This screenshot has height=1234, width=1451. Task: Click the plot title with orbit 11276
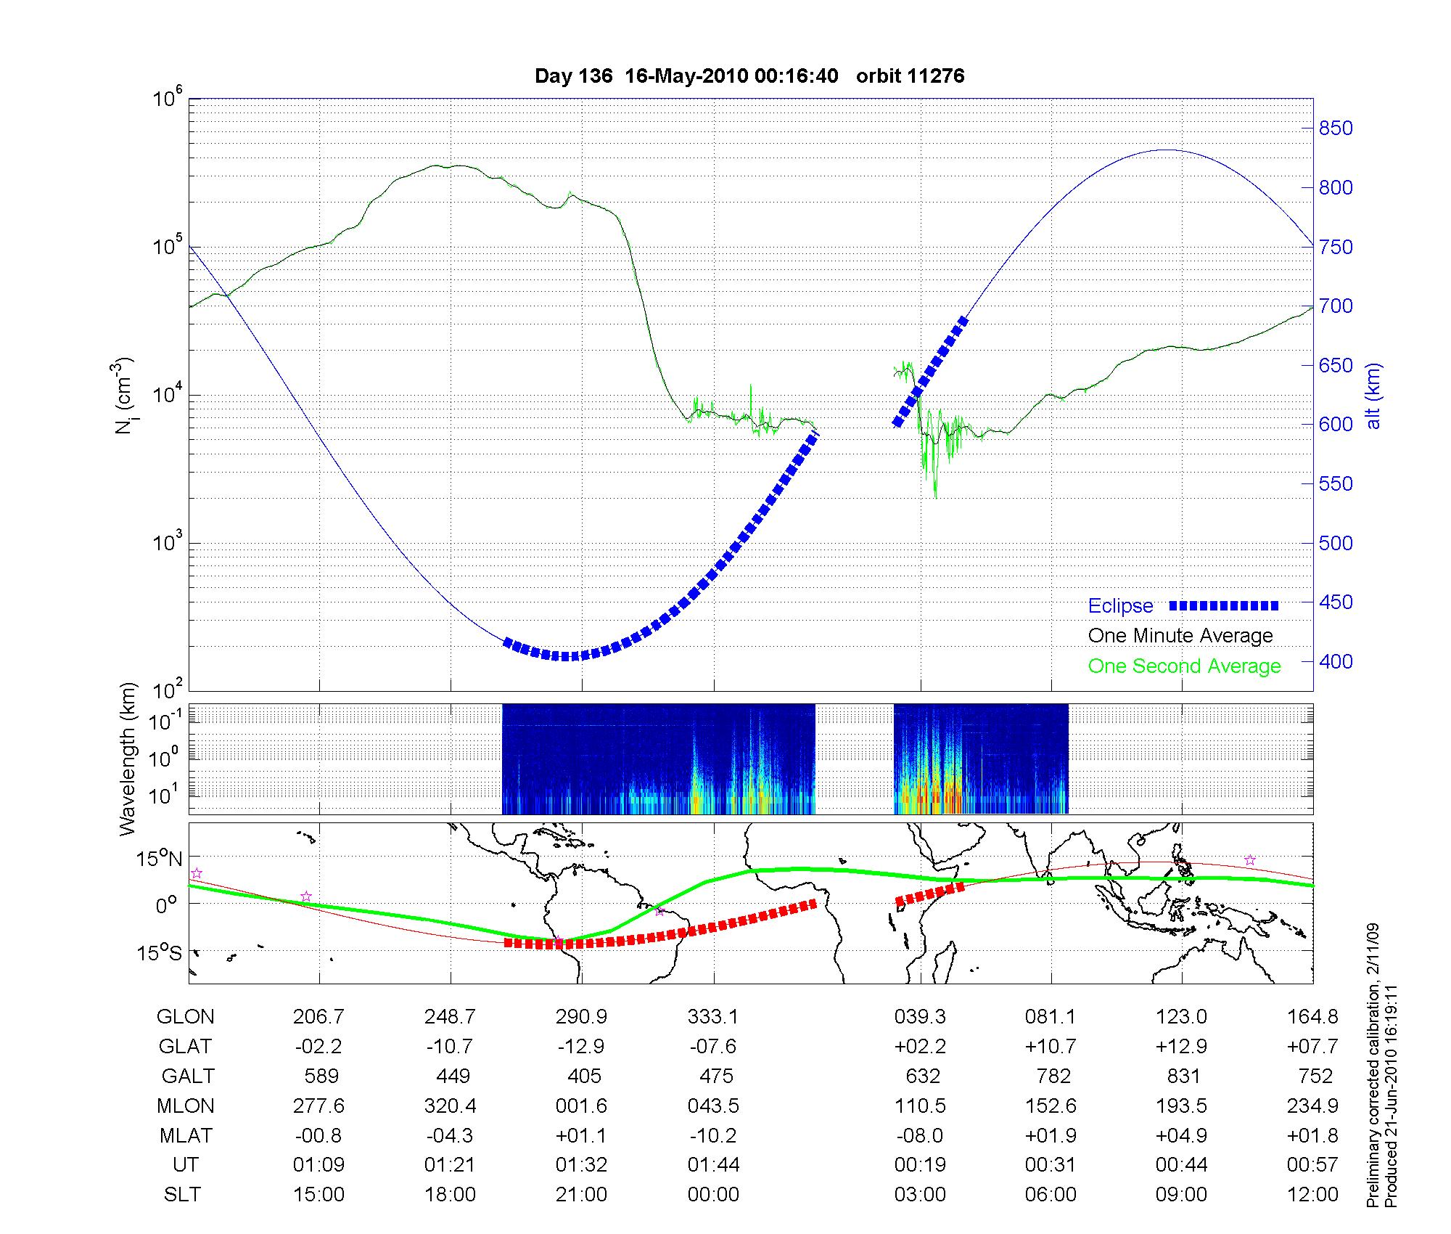(749, 76)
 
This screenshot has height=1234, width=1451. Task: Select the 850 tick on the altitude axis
(1336, 128)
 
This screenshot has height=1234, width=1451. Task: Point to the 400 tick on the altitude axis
(1336, 661)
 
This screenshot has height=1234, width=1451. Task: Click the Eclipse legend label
(1120, 606)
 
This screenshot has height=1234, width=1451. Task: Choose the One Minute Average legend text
(1180, 636)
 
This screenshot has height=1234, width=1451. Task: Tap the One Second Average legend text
(1184, 666)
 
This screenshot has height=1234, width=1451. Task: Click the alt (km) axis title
(1373, 396)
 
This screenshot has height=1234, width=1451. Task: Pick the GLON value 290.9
(581, 1016)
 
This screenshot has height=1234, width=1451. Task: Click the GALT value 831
(1182, 1076)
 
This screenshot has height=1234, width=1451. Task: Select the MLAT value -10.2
(713, 1135)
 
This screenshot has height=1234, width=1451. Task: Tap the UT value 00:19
(920, 1165)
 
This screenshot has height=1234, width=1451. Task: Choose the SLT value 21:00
(581, 1194)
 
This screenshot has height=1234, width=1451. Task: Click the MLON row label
(185, 1106)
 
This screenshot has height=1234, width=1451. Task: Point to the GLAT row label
(185, 1046)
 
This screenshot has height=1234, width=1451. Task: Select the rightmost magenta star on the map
(1249, 860)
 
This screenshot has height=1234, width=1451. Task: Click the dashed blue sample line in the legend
(1224, 605)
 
